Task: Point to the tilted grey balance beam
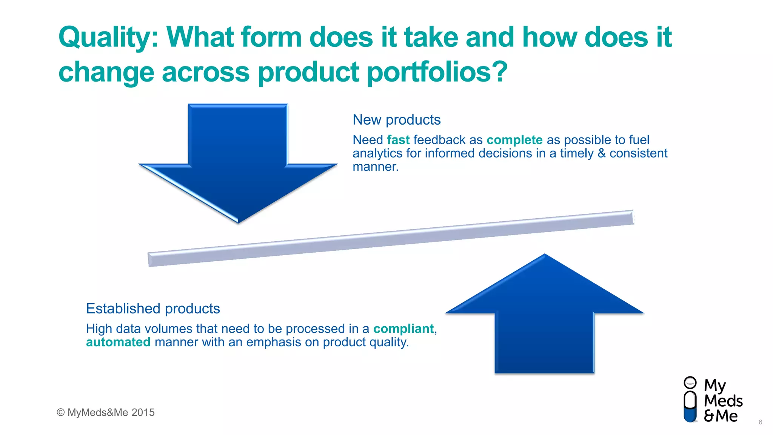tap(391, 238)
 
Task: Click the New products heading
tap(396, 120)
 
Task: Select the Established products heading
tap(153, 309)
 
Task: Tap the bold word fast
tap(398, 140)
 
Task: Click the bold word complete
tap(514, 140)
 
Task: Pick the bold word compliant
tap(403, 329)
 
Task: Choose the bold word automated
tap(118, 342)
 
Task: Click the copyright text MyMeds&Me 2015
tap(106, 412)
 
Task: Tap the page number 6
tap(760, 422)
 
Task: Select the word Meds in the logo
tap(723, 401)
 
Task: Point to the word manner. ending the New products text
tap(376, 167)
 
